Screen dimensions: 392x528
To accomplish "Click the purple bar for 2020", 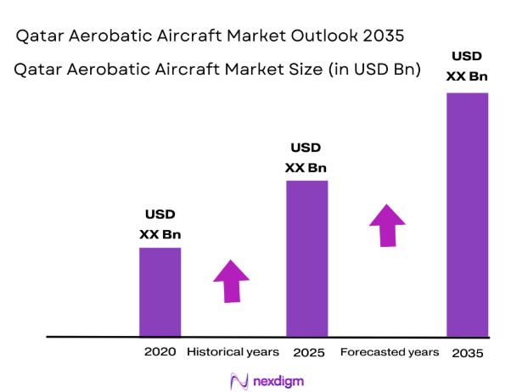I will (160, 292).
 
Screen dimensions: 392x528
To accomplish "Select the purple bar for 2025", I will (306, 259).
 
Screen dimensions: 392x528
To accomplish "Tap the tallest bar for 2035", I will (467, 214).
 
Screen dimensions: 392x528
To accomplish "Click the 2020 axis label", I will (160, 351).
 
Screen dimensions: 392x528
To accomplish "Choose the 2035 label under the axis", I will (468, 352).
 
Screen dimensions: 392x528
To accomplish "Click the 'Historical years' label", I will (233, 351).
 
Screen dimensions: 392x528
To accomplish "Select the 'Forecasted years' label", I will (390, 351).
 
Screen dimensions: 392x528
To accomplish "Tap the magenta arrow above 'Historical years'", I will (231, 280).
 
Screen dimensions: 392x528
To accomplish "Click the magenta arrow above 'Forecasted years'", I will (387, 225).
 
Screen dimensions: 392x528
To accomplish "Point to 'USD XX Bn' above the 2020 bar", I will (160, 224).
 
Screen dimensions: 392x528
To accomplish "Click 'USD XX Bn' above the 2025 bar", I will (306, 158).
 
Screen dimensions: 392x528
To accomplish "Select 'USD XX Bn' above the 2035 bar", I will (467, 66).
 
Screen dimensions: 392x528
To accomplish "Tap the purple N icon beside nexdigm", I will (239, 381).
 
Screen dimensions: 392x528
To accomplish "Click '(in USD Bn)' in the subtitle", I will (375, 71).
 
